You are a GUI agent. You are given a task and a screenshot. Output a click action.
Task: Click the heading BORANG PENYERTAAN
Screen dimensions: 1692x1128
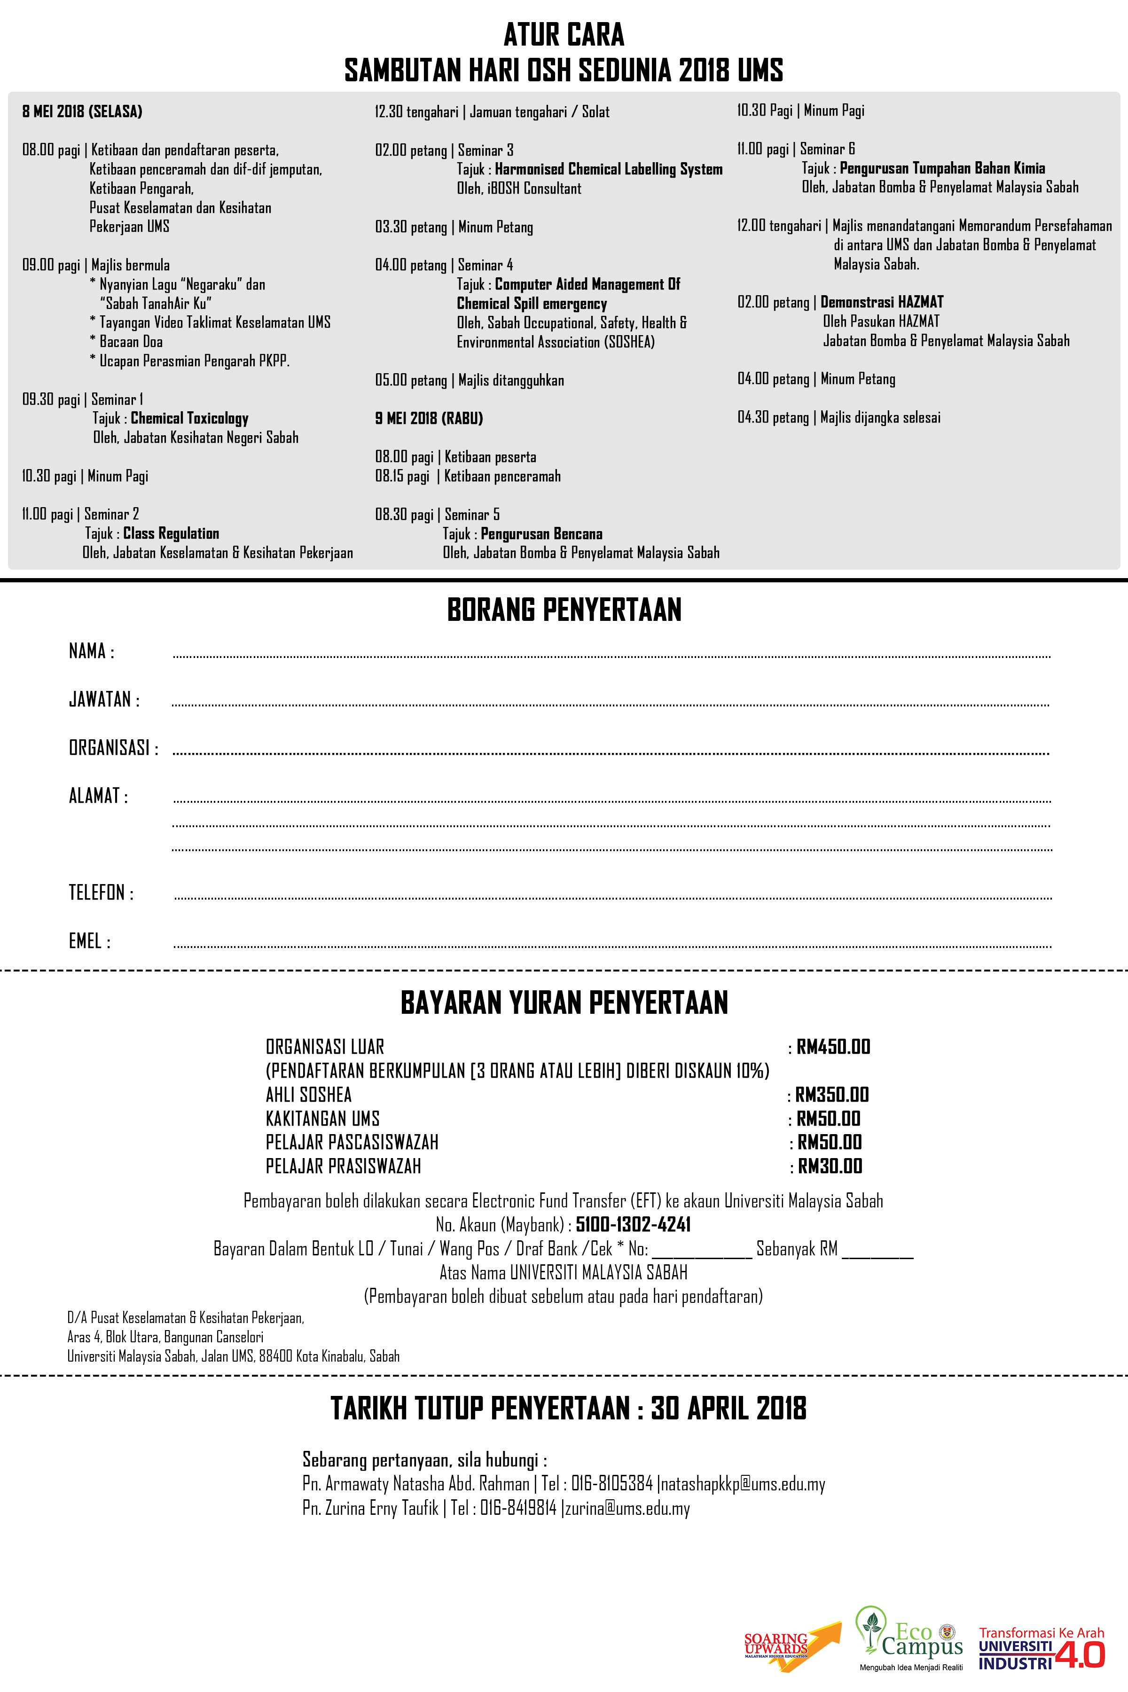coord(564,610)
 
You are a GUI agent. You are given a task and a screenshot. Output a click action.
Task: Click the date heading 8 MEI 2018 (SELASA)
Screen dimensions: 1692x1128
coord(82,111)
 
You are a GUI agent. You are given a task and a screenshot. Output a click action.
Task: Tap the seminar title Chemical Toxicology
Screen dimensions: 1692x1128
coord(189,419)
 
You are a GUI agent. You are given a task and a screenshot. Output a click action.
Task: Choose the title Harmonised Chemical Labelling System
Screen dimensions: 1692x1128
coord(609,170)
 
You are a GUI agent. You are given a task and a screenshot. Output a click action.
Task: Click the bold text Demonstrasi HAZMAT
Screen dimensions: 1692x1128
coord(882,302)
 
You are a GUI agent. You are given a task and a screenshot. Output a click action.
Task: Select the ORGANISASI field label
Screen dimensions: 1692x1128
coord(113,748)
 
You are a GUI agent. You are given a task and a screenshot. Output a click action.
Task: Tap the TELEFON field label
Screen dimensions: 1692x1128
coord(101,893)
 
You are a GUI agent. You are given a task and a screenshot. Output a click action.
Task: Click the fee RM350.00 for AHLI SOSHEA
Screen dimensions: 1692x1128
coord(831,1095)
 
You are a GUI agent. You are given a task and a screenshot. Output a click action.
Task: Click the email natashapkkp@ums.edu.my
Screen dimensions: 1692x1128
coord(743,1483)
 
